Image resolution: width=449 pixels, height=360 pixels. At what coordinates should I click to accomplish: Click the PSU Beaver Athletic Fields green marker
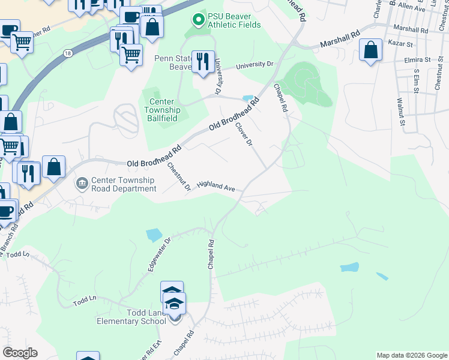point(198,20)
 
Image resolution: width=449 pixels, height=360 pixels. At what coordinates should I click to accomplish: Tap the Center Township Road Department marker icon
point(82,182)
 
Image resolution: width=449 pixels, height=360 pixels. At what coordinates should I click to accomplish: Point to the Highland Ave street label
point(216,187)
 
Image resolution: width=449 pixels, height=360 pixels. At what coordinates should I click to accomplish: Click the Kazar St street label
point(402,44)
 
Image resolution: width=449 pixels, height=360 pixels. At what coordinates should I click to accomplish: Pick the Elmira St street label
point(419,60)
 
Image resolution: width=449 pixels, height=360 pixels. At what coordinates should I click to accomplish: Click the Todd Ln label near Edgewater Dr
point(85,298)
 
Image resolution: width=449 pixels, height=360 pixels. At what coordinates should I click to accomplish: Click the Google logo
point(20,353)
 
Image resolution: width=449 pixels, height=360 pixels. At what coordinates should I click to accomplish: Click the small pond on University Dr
point(247,98)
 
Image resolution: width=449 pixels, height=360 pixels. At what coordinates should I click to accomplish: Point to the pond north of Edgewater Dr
point(154,235)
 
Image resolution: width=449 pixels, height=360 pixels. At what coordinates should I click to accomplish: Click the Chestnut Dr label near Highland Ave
point(178,178)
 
